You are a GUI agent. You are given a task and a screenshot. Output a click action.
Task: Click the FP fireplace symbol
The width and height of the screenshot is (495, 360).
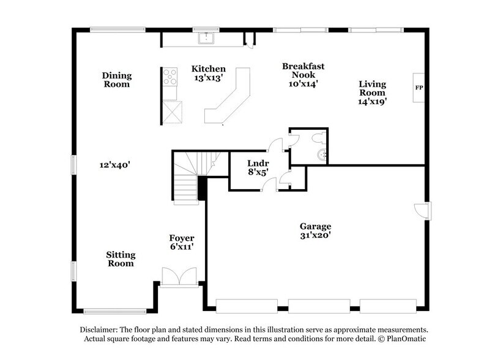pos(419,88)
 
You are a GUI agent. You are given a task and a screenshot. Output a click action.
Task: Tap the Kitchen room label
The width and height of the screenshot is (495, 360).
pos(208,69)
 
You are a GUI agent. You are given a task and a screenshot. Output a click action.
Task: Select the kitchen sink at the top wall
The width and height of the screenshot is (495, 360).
pos(207,38)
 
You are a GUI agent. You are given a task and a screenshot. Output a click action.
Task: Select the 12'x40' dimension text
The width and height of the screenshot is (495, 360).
pos(116,164)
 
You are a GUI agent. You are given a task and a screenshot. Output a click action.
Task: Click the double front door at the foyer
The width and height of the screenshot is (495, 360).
pos(179,276)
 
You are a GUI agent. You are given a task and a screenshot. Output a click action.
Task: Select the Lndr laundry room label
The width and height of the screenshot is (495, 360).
pos(255,164)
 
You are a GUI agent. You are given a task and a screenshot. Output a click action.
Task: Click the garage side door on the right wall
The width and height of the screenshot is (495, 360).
pos(422,211)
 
